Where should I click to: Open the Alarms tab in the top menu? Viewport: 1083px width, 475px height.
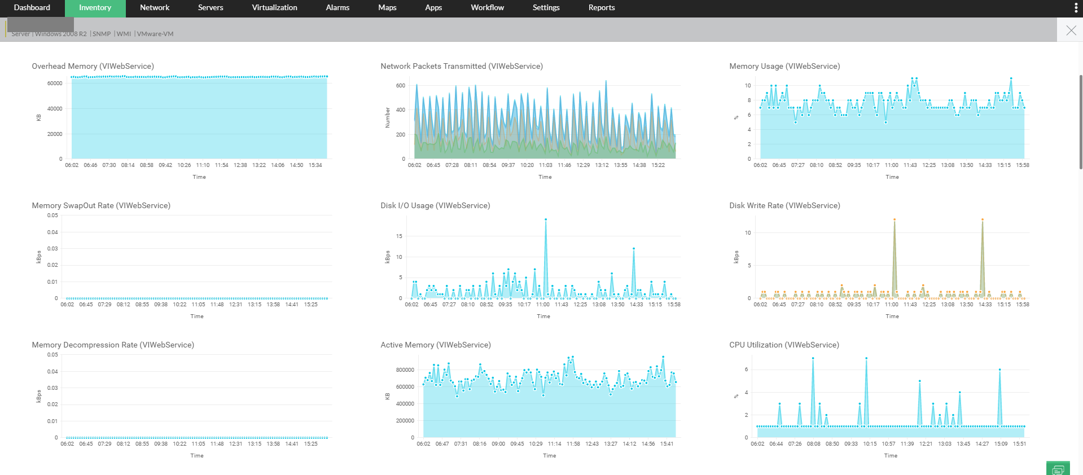click(337, 8)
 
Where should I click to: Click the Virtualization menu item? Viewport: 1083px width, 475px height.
click(274, 8)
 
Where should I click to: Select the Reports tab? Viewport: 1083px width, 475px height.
click(601, 8)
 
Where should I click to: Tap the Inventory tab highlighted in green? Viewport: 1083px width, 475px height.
click(95, 8)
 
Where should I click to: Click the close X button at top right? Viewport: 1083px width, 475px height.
click(1071, 30)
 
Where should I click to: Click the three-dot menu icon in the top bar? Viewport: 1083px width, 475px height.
click(1076, 8)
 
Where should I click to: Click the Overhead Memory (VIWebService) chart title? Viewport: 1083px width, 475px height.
click(93, 67)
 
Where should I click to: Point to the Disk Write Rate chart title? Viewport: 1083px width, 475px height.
click(784, 206)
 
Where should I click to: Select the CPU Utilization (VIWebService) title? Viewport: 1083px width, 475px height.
click(784, 345)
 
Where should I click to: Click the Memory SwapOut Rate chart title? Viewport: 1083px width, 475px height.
click(101, 206)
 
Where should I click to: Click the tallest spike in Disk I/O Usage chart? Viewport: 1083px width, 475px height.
click(545, 219)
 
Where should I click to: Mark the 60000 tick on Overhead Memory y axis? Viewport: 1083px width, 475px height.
click(55, 83)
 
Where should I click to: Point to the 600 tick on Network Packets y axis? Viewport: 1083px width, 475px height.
click(401, 86)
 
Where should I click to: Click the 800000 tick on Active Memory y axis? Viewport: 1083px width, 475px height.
click(405, 370)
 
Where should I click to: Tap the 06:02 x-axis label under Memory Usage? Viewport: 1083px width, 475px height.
click(760, 165)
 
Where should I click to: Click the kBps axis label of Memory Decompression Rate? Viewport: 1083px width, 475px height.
click(39, 396)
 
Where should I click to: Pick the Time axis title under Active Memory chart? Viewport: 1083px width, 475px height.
click(549, 456)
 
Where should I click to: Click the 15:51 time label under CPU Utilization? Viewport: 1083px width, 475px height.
click(1019, 444)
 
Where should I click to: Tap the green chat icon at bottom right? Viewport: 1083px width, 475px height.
click(1058, 469)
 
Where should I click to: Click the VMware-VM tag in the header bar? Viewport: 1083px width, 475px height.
click(155, 34)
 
